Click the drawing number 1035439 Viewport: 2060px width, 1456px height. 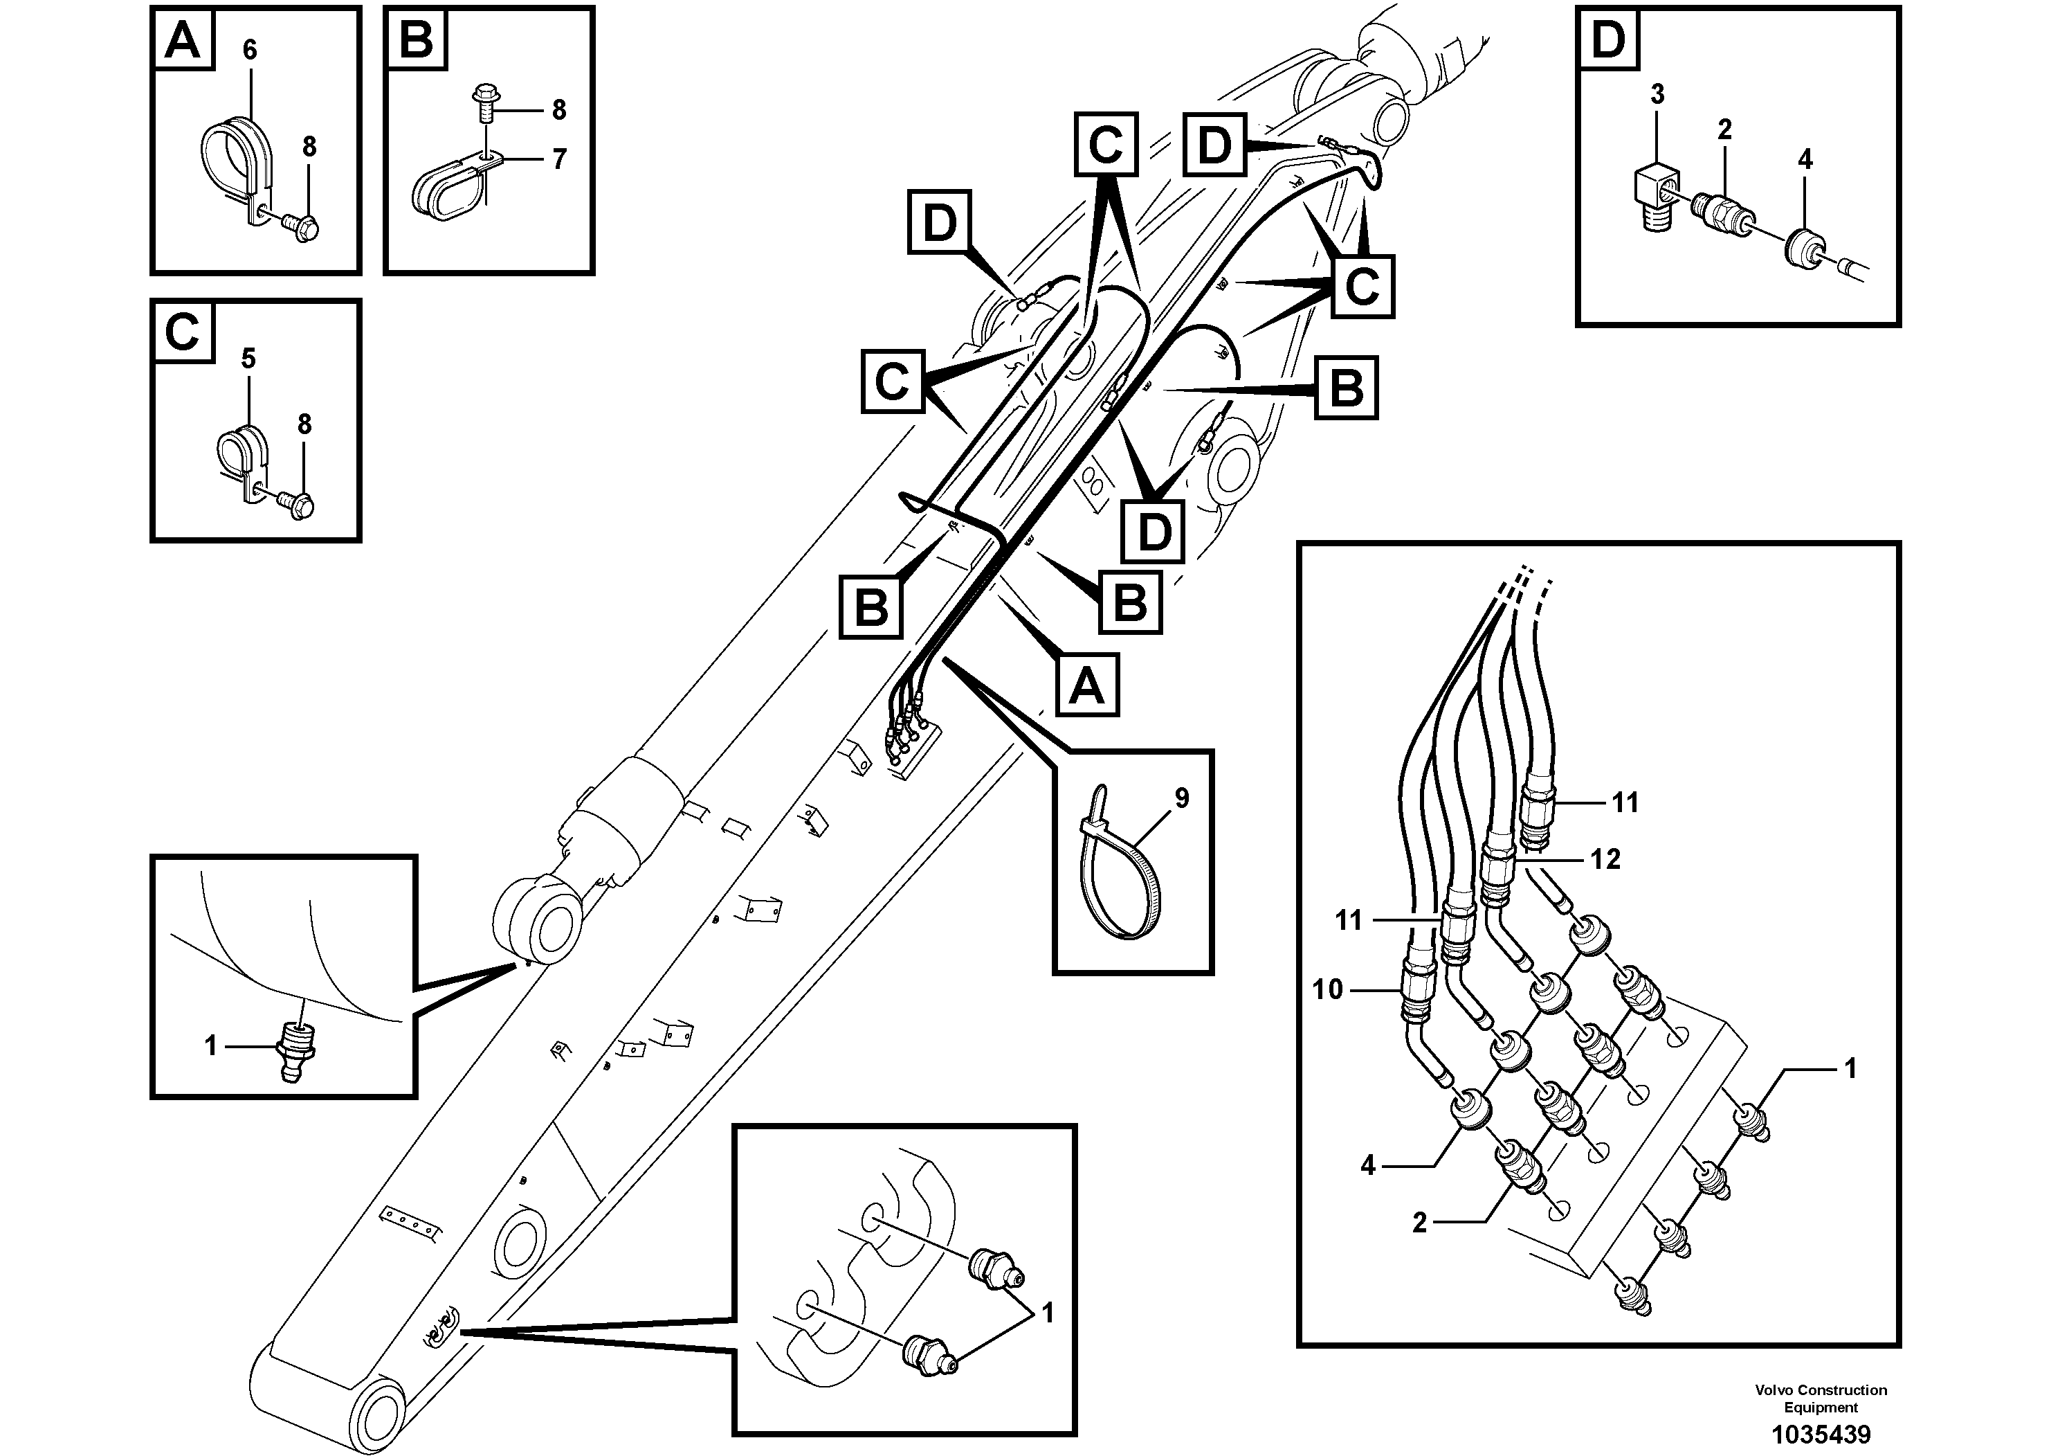[1821, 1434]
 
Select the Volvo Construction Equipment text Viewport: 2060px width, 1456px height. [1821, 1399]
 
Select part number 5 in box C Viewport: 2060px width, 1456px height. [248, 359]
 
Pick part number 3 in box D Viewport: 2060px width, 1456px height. [1657, 94]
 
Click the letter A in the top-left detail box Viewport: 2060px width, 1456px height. [183, 40]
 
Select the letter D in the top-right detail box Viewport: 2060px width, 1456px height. [1607, 40]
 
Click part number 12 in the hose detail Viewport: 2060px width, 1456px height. [1605, 859]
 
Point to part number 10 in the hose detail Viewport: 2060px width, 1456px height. [1327, 989]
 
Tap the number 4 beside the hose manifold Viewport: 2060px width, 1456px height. [1367, 1165]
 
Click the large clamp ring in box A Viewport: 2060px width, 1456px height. [230, 157]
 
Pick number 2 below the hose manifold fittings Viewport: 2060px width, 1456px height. [1419, 1223]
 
